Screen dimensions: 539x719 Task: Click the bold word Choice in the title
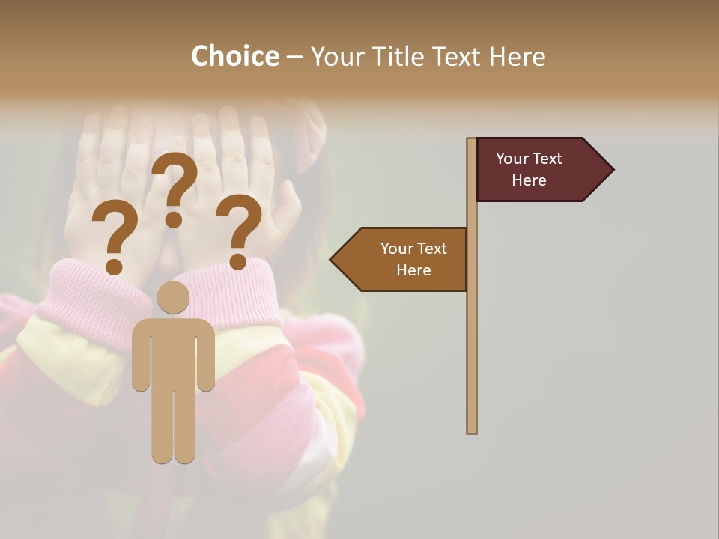pos(234,56)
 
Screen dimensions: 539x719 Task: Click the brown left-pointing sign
pos(404,259)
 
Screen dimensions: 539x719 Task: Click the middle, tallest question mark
pos(175,180)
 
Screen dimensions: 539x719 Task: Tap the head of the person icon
pos(173,297)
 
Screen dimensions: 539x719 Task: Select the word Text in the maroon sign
pos(548,159)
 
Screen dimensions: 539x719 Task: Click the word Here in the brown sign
pos(413,270)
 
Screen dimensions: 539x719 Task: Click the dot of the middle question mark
pos(174,219)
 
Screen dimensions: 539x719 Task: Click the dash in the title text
pos(294,58)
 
